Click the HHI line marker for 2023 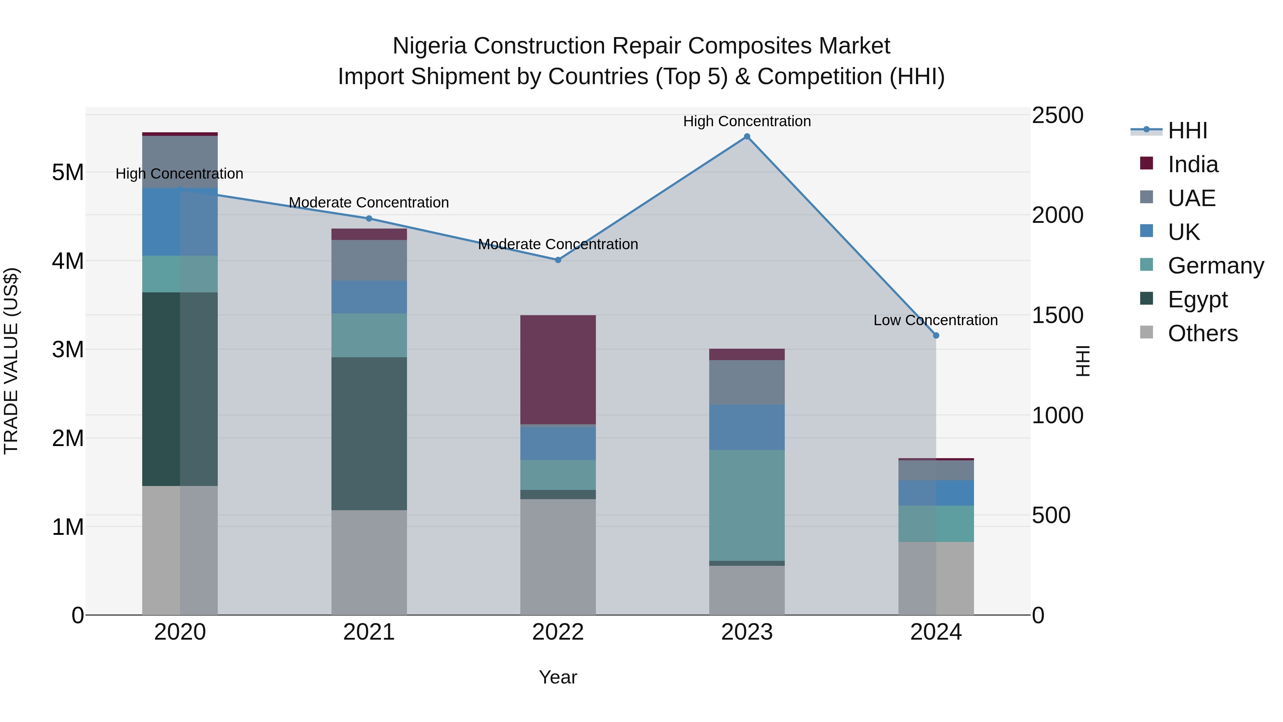(x=747, y=137)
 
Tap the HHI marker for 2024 (x=936, y=336)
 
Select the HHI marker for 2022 (x=558, y=260)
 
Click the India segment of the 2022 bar (x=558, y=369)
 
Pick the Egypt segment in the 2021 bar (x=369, y=434)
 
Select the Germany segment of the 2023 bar (x=747, y=505)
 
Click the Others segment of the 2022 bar (x=558, y=557)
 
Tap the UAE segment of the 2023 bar (x=747, y=382)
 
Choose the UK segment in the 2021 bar (x=369, y=297)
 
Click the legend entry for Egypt (x=1197, y=299)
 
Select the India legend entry (x=1192, y=164)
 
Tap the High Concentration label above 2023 (x=747, y=121)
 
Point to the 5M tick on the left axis (x=68, y=173)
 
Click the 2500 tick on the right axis (x=1057, y=115)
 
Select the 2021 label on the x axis (x=369, y=632)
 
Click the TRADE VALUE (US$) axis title (x=11, y=361)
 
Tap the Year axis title (x=557, y=677)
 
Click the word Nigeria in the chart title (x=429, y=46)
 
